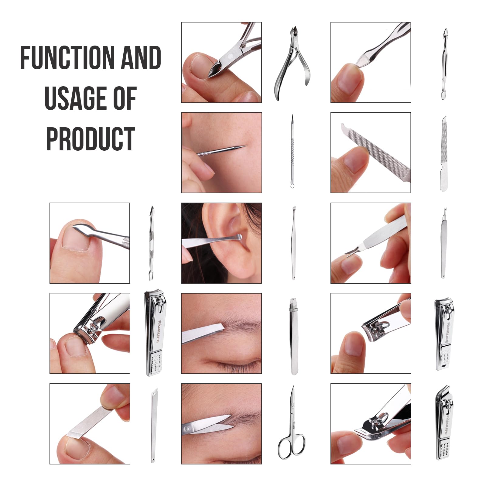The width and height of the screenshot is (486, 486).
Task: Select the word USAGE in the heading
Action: click(74, 98)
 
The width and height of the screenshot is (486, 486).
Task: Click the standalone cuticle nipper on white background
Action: click(292, 63)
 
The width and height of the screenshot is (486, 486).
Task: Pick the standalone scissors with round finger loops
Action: click(291, 422)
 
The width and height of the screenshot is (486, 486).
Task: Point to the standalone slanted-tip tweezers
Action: click(293, 336)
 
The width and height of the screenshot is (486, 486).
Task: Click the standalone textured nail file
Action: click(444, 154)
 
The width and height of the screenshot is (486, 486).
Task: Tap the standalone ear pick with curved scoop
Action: click(293, 243)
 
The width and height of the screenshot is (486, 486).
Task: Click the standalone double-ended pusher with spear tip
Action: click(151, 243)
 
